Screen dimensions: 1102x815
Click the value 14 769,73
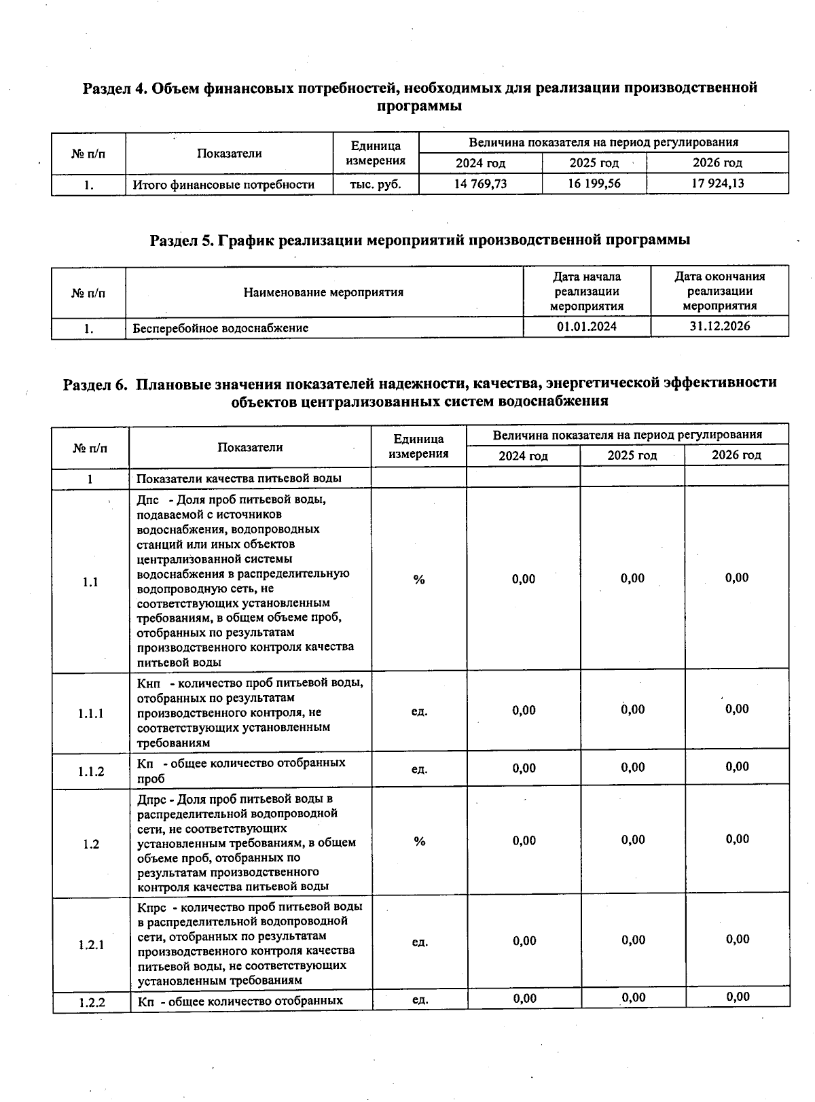480,184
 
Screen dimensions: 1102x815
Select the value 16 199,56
594,184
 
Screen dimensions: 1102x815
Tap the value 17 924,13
717,183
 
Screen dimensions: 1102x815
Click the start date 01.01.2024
587,327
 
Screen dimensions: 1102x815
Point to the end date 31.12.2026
719,326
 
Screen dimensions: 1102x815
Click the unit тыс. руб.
375,184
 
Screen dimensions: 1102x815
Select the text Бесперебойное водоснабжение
221,328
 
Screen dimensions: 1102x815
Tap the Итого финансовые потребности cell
223,185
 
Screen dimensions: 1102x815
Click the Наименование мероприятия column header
323,293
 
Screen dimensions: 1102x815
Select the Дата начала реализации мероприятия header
587,291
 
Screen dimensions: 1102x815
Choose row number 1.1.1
90,713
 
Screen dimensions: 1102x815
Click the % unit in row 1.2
419,842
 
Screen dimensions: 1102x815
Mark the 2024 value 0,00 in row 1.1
524,579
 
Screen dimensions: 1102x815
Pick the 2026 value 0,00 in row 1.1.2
737,767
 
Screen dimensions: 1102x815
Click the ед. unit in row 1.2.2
420,1000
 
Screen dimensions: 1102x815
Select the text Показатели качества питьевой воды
239,478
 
